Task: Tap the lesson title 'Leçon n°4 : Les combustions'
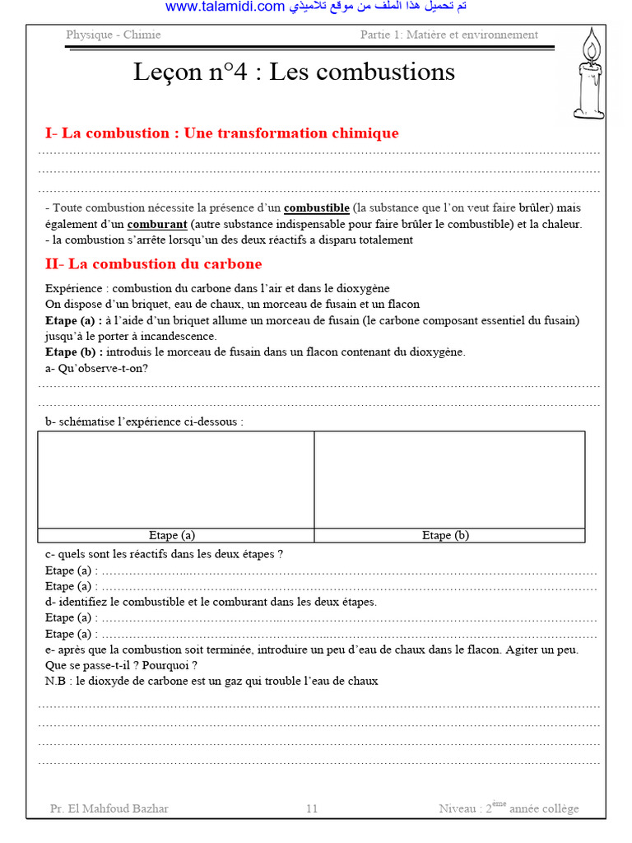294,72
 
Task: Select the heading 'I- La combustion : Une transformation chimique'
221,133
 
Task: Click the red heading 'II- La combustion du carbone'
153,263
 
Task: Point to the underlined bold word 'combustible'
316,207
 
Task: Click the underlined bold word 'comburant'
157,224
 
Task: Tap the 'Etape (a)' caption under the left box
172,535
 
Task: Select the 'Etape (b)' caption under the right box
445,535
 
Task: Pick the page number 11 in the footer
312,808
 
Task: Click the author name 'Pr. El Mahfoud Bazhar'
109,808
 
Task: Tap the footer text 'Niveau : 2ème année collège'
509,808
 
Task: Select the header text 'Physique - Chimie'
114,35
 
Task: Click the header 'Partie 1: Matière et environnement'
449,35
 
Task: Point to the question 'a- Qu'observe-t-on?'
97,368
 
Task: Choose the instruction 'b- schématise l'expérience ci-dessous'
145,421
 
